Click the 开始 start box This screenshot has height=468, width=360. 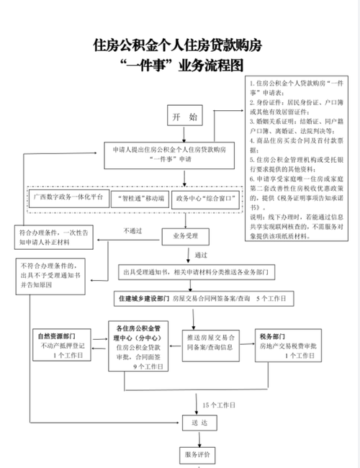182,116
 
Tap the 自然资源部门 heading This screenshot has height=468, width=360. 60,335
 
